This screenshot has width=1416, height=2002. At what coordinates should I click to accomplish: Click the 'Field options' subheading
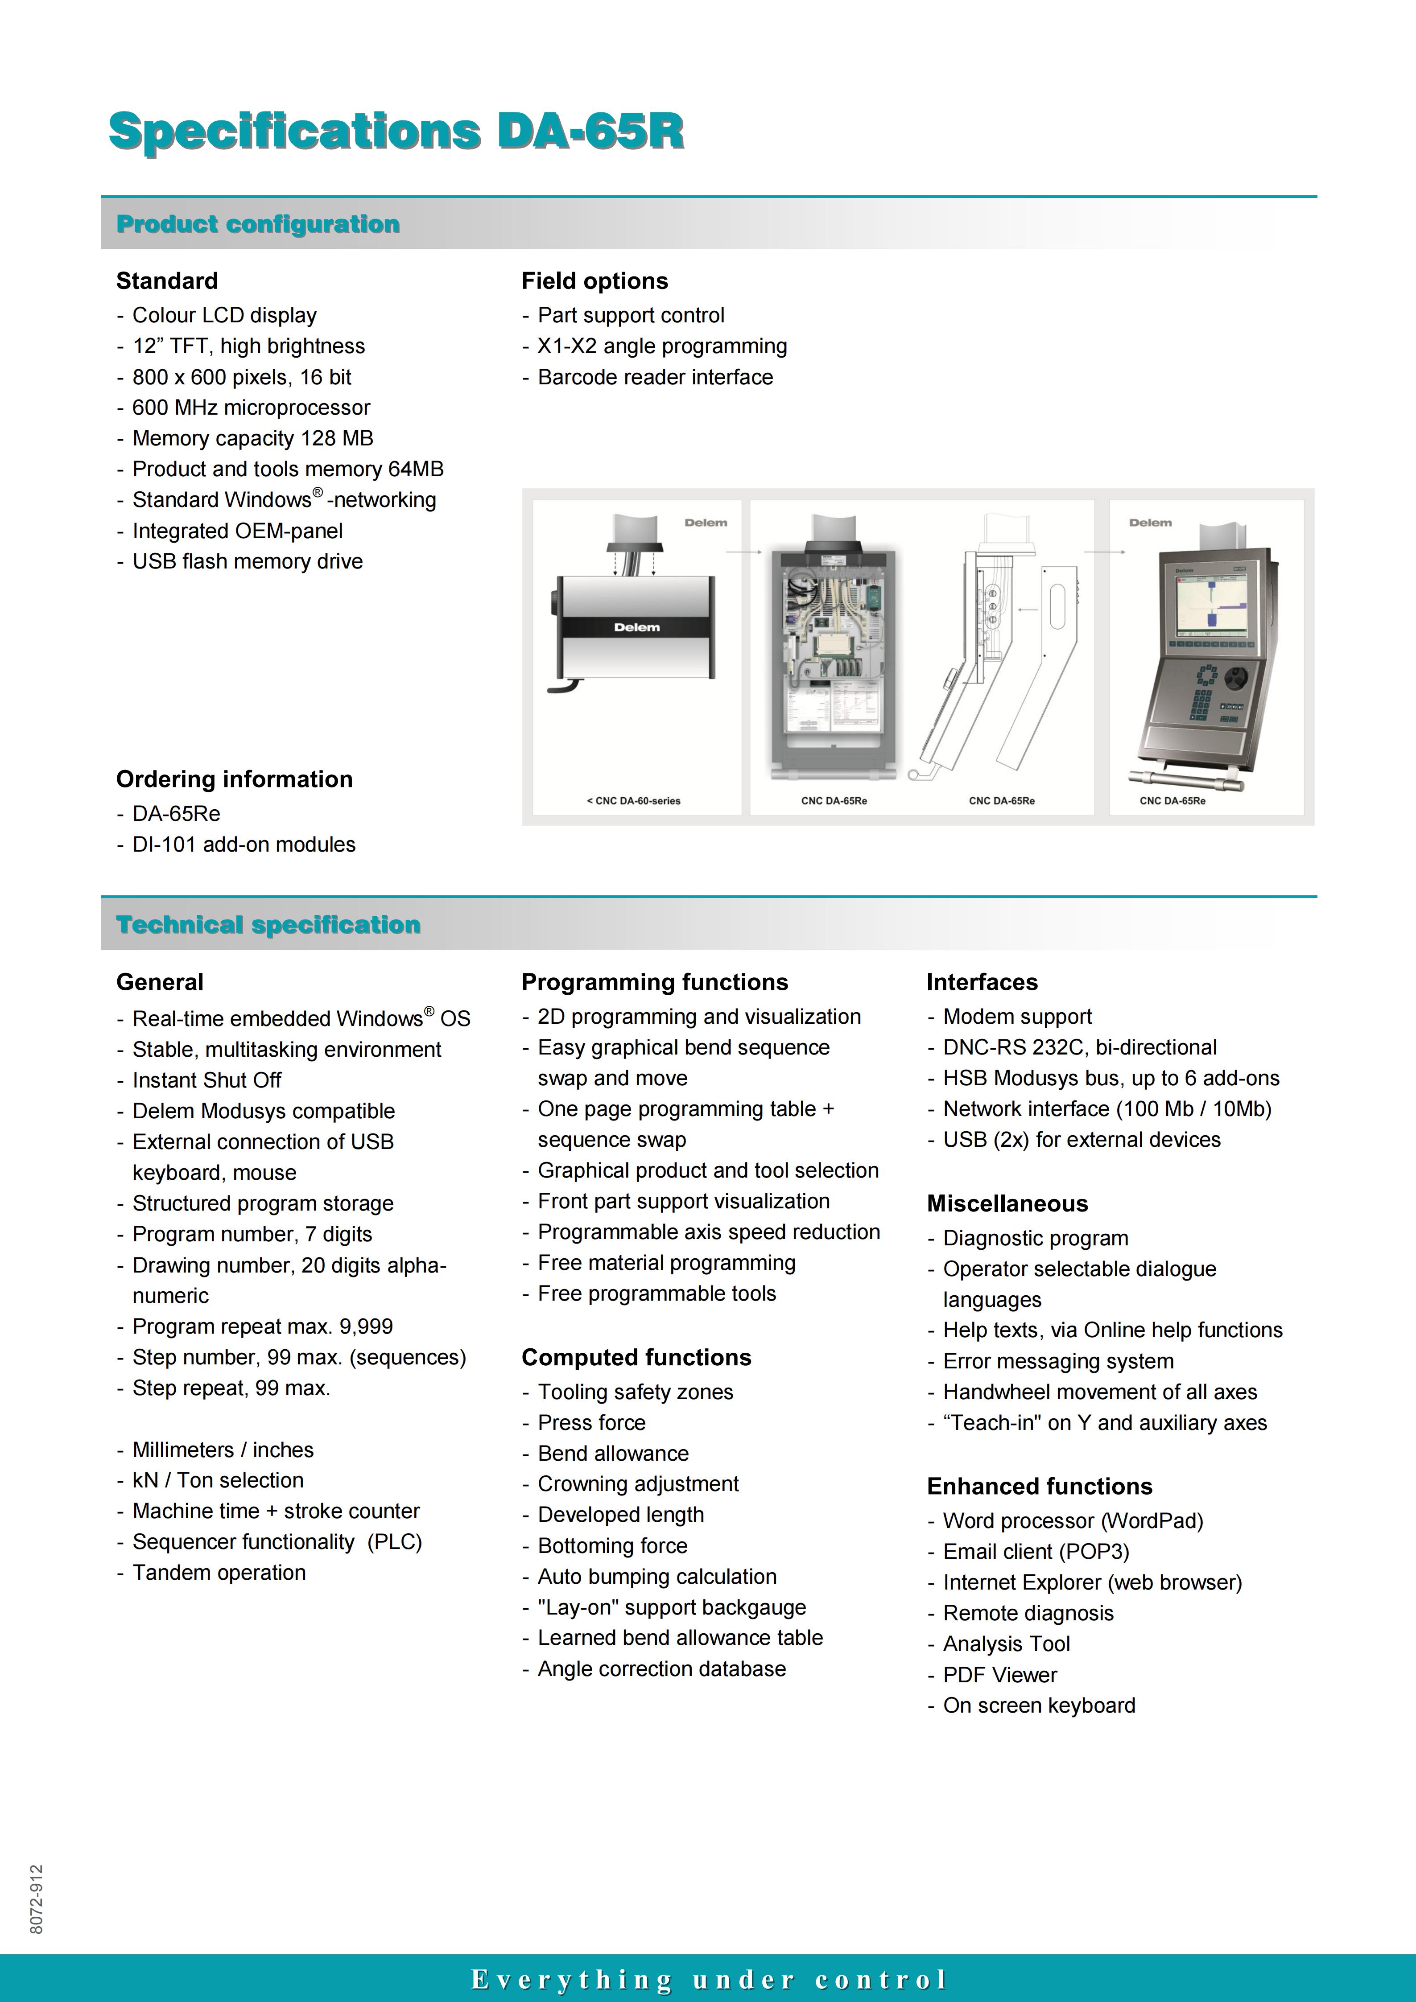pyautogui.click(x=594, y=281)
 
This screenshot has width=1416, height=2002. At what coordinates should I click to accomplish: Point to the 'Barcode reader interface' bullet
pyautogui.click(x=655, y=378)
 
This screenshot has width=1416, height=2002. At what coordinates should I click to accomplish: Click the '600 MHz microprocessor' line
pyautogui.click(x=251, y=408)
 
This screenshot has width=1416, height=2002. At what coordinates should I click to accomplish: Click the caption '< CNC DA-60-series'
pyautogui.click(x=634, y=800)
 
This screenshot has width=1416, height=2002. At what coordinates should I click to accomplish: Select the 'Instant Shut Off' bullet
pyautogui.click(x=206, y=1080)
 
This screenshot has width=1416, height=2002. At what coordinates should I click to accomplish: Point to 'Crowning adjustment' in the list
pyautogui.click(x=637, y=1484)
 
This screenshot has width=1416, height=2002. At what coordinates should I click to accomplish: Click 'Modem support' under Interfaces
pyautogui.click(x=1017, y=1017)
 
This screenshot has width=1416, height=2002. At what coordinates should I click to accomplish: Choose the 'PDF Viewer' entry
pyautogui.click(x=999, y=1675)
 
